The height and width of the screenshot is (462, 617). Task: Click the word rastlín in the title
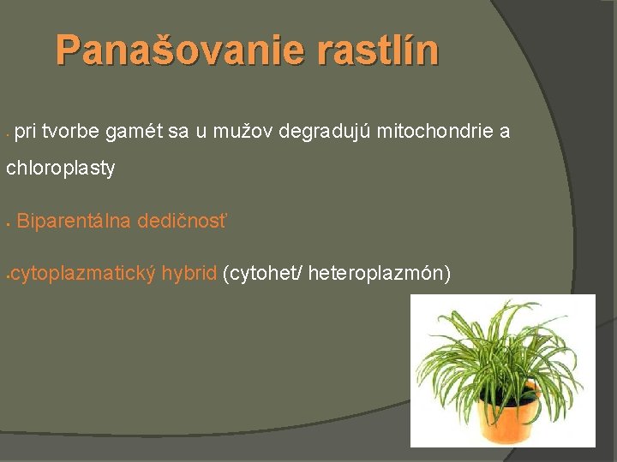(x=378, y=50)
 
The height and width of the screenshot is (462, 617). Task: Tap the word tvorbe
(x=71, y=132)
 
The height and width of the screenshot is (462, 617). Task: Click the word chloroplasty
(x=60, y=169)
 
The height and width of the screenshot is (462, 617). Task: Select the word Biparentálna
(x=73, y=222)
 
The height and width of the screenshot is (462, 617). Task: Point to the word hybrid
(x=189, y=274)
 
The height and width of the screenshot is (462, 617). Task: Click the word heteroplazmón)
(x=379, y=274)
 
